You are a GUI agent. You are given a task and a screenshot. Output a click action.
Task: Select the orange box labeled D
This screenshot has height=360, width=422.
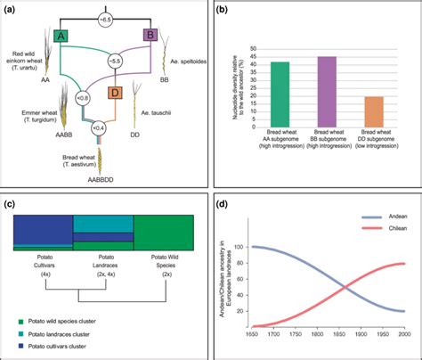coord(115,92)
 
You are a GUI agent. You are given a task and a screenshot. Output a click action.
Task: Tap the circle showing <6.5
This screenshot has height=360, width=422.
coord(108,19)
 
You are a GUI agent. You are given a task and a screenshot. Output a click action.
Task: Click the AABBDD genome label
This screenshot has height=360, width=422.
coord(99,178)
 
